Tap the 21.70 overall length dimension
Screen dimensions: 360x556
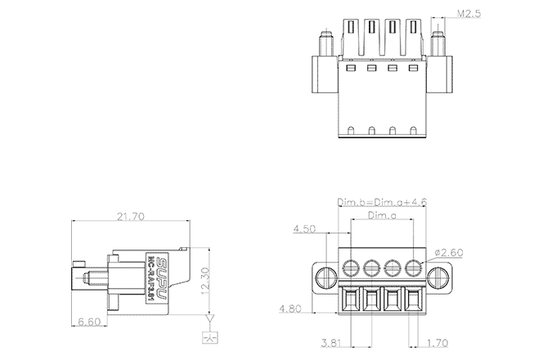[x=130, y=218]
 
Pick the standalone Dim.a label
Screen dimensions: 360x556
[x=382, y=216]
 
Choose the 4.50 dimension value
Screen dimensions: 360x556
[x=306, y=230]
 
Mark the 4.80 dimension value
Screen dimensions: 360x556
[x=293, y=309]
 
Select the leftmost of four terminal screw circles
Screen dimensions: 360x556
[x=352, y=267]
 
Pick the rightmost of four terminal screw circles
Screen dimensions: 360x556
[x=414, y=267]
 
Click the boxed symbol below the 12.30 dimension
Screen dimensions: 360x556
[x=210, y=337]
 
